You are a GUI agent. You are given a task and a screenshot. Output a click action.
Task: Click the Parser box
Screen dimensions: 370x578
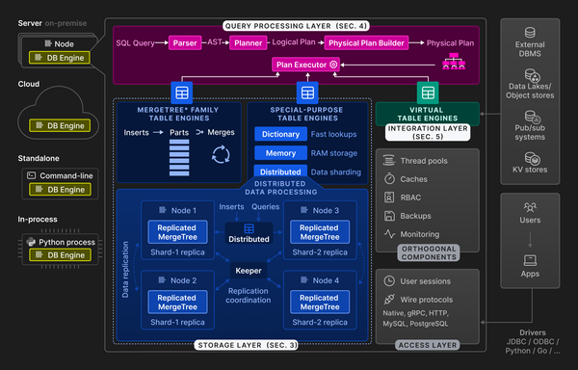point(184,42)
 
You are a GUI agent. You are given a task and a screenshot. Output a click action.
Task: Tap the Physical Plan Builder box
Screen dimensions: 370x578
point(366,42)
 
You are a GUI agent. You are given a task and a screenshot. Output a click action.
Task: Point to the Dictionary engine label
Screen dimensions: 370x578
point(281,135)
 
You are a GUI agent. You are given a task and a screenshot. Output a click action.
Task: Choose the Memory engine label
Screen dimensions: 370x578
point(281,153)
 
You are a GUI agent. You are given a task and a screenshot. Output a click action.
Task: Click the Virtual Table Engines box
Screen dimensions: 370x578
point(428,113)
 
